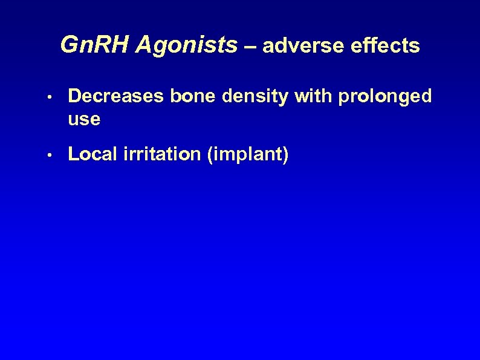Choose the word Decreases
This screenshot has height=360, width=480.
click(109, 96)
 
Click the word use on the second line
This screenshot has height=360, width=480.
click(84, 120)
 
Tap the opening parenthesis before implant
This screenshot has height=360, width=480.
click(210, 155)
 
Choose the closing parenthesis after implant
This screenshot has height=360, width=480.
click(285, 155)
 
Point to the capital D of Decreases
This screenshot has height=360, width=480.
click(75, 96)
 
